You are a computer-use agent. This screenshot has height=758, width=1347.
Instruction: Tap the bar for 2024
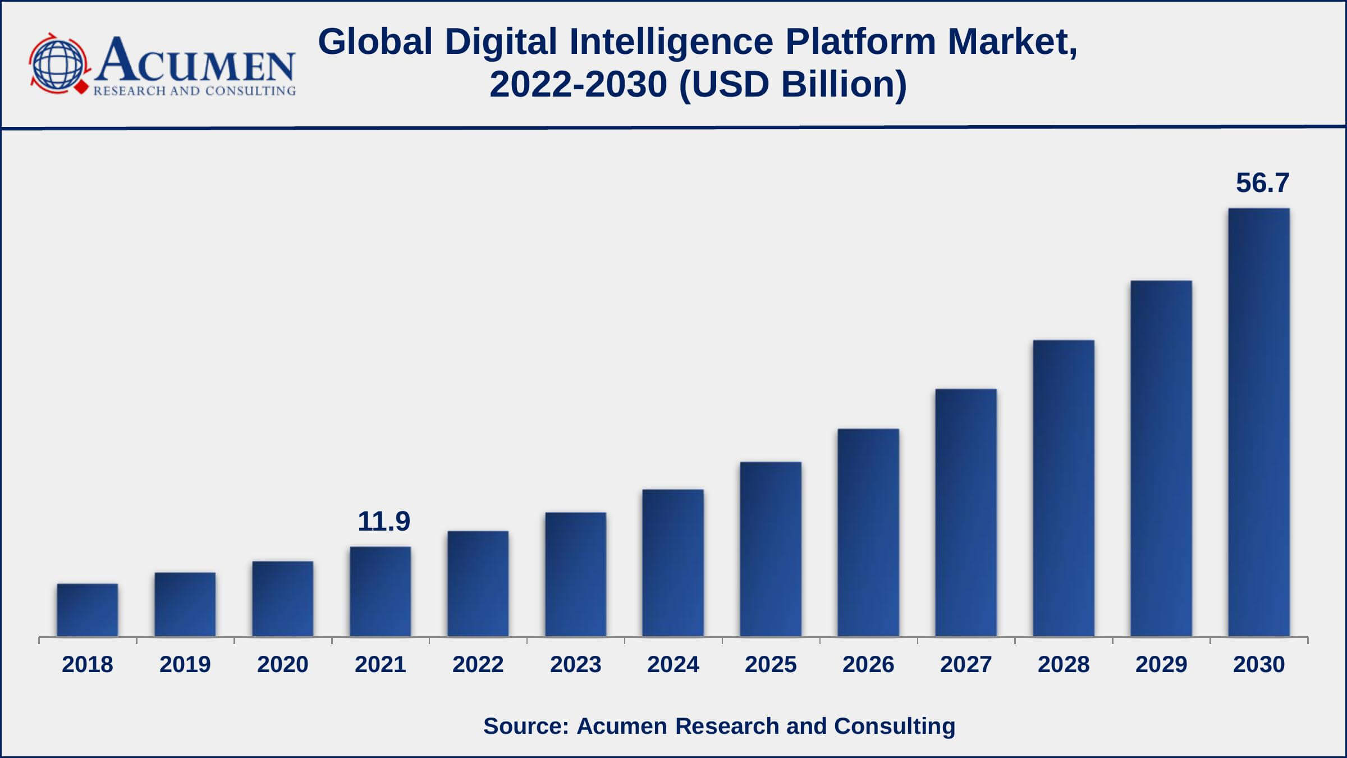click(673, 563)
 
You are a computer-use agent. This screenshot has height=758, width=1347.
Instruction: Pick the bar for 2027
click(966, 513)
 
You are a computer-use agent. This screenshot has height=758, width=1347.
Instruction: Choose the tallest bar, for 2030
click(1259, 422)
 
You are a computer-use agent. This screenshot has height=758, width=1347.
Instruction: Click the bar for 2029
click(1161, 458)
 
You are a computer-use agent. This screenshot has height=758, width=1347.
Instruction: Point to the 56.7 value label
click(1263, 183)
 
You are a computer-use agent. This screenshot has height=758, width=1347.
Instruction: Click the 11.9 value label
click(384, 522)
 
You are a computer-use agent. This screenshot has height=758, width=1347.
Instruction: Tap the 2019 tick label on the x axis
click(185, 665)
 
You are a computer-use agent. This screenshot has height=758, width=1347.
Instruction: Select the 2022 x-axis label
click(478, 665)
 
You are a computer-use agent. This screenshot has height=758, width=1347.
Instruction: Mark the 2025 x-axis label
click(771, 665)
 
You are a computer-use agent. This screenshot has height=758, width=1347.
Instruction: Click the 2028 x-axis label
click(1064, 665)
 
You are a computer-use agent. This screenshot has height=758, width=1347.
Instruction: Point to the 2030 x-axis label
click(1259, 665)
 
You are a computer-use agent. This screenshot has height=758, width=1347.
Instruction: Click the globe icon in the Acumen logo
click(58, 63)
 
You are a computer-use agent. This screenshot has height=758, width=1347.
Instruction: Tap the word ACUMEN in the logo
click(195, 60)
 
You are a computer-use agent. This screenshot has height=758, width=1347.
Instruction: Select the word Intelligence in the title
click(671, 42)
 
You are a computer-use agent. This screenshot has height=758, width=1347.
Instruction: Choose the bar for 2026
click(868, 532)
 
